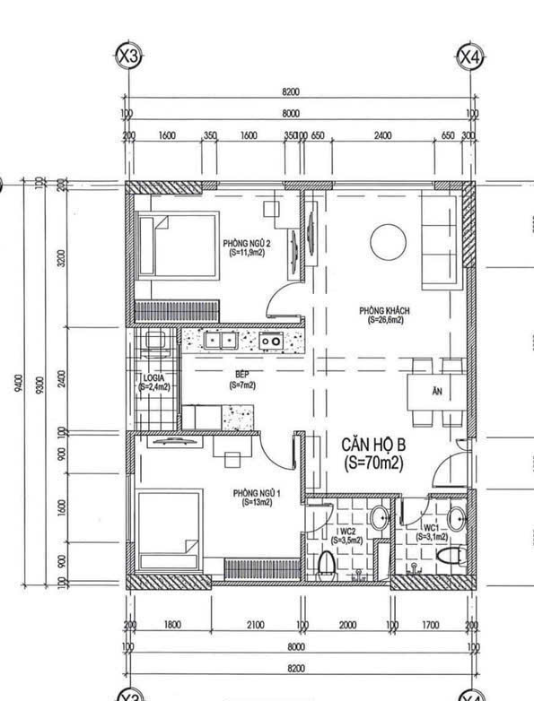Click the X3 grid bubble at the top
pyautogui.click(x=129, y=56)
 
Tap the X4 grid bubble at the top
pyautogui.click(x=469, y=56)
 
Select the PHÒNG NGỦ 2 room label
pyautogui.click(x=247, y=247)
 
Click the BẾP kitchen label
pyautogui.click(x=241, y=379)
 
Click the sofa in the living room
pyautogui.click(x=442, y=238)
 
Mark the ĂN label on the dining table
pyautogui.click(x=437, y=392)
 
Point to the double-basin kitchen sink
pyautogui.click(x=220, y=340)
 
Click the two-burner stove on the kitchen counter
pyautogui.click(x=271, y=341)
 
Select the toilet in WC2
pyautogui.click(x=328, y=563)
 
